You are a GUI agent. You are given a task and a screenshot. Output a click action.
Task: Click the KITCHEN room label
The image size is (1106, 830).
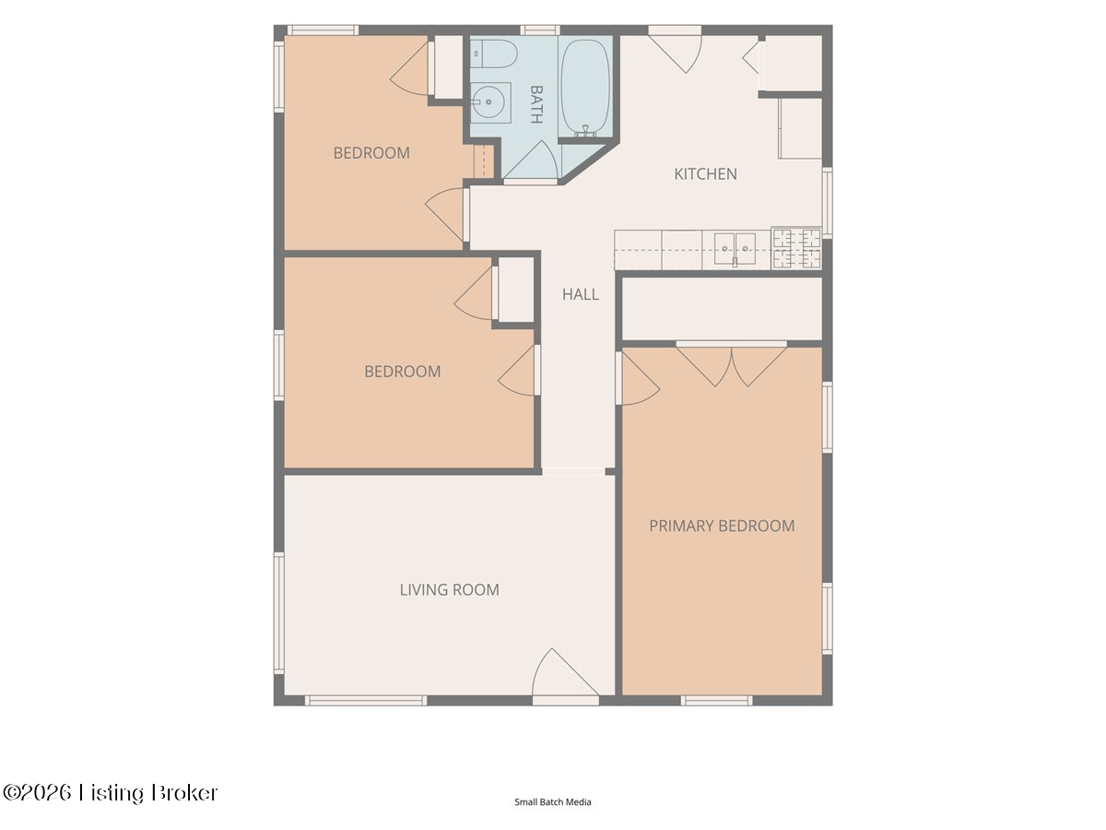pyautogui.click(x=705, y=174)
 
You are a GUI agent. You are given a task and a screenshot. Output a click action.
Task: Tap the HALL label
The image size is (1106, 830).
pyautogui.click(x=581, y=294)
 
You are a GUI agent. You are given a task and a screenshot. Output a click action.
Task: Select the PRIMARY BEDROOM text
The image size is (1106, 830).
pyautogui.click(x=722, y=526)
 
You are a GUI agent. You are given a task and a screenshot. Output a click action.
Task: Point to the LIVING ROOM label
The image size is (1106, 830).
pyautogui.click(x=450, y=589)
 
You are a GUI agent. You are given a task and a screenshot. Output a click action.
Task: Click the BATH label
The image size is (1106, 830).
pyautogui.click(x=536, y=104)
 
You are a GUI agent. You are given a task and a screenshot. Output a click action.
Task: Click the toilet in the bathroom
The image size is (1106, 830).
pyautogui.click(x=494, y=53)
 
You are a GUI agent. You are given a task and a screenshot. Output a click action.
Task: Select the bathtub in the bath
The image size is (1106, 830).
pyautogui.click(x=585, y=86)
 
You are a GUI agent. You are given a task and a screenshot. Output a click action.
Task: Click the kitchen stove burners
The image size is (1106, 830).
pyautogui.click(x=796, y=249)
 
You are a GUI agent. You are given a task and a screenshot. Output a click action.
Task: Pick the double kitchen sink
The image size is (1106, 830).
pyautogui.click(x=735, y=249)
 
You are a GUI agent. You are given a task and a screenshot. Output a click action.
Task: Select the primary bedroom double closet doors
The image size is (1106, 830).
pyautogui.click(x=731, y=366)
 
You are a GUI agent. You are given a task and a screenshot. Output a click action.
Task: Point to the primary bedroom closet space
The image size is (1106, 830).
pyautogui.click(x=722, y=309)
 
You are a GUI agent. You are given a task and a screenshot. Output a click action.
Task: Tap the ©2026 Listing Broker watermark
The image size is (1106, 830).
pyautogui.click(x=110, y=793)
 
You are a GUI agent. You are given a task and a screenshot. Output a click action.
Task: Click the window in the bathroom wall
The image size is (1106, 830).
pyautogui.click(x=540, y=30)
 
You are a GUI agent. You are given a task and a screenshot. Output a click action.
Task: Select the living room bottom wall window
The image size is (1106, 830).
pyautogui.click(x=366, y=701)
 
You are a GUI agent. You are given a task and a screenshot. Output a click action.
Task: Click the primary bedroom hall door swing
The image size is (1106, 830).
pyautogui.click(x=638, y=378)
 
